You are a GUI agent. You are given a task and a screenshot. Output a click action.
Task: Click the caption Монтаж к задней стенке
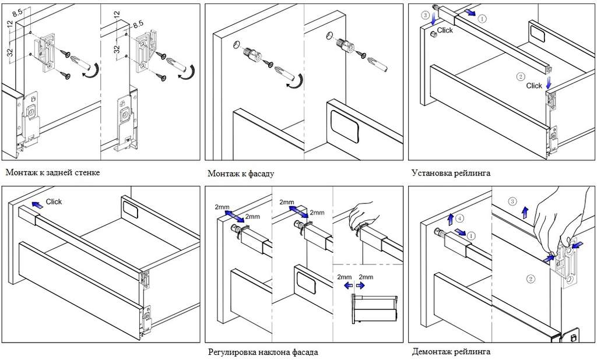coord(53,172)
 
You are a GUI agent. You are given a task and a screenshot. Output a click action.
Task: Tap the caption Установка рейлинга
coord(451,173)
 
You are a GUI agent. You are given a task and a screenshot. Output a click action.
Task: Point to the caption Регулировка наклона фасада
coord(263,352)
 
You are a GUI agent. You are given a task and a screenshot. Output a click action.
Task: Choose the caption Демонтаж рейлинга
coord(451,351)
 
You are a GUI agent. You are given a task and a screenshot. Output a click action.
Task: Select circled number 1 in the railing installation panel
coord(482,19)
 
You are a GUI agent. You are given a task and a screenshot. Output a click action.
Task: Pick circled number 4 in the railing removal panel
coord(461,219)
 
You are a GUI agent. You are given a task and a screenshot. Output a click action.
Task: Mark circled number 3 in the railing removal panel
coord(512,202)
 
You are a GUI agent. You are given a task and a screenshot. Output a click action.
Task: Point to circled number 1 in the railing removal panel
coord(471,236)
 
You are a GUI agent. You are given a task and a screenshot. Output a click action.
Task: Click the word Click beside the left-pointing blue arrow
coord(54,202)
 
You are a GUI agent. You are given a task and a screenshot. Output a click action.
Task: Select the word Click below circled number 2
coord(534,86)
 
